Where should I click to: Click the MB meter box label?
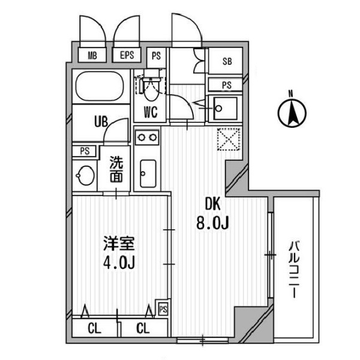92,56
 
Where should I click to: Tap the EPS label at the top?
127,55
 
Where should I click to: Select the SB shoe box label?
227,61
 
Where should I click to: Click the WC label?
151,112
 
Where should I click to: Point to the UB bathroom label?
101,122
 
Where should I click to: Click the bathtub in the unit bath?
100,86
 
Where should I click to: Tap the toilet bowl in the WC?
152,89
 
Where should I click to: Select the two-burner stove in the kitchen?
147,137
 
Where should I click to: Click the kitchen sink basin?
148,173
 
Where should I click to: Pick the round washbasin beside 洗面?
86,176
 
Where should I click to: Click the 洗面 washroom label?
116,169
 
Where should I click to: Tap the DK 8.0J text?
212,214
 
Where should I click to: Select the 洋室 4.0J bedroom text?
119,253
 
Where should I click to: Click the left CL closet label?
94,329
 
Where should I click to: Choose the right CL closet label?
143,329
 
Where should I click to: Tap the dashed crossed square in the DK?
229,139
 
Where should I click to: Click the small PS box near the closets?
163,309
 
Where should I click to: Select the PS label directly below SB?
227,85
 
